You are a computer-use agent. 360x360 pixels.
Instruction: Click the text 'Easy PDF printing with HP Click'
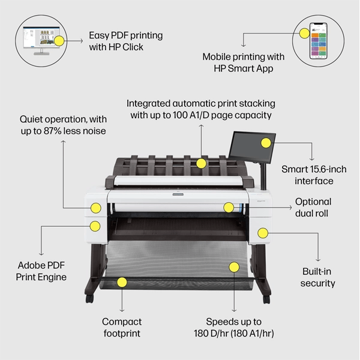coord(125,41)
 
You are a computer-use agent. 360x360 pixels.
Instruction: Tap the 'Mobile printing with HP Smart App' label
coord(243,63)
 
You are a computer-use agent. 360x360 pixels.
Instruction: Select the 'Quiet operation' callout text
coord(62,125)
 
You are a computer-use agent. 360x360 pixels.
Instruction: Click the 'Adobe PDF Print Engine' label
coord(41,270)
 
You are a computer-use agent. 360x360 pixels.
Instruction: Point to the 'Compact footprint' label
coord(121,327)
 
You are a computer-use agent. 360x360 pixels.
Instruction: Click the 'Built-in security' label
coord(318,277)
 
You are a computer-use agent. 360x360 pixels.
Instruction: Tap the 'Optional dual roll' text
coord(313,207)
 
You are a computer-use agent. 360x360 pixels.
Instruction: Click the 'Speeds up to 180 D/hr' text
coord(233,327)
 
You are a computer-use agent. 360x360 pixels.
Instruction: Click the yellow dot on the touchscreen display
coord(265,143)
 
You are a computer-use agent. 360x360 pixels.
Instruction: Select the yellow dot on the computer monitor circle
coord(59,41)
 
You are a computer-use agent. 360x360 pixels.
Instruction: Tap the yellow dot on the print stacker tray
coord(202,163)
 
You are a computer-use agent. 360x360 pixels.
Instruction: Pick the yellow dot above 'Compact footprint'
coord(122,281)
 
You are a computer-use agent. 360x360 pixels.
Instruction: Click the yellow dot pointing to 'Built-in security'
coord(262,232)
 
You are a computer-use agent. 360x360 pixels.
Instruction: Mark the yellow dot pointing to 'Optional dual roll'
coord(228,208)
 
